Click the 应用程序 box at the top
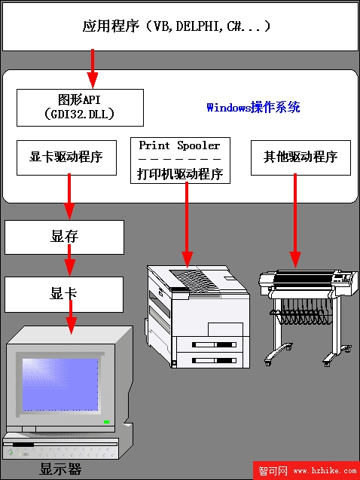pos(180,26)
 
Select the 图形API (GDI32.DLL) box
pos(80,108)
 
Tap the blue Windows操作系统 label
pos(253,108)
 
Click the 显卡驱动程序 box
pos(66,157)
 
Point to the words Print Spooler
pos(179,145)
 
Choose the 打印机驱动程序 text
pos(180,174)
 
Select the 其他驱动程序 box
pos(301,157)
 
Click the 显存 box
pos(64,237)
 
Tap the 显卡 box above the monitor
pos(64,295)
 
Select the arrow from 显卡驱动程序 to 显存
pos(69,197)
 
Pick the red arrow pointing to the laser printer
pos(187,225)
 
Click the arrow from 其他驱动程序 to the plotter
pos(295,221)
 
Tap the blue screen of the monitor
pos(60,385)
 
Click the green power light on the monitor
pos(106,422)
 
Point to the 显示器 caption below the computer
pos(60,469)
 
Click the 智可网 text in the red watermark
pos(273,470)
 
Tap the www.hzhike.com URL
pos(325,471)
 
